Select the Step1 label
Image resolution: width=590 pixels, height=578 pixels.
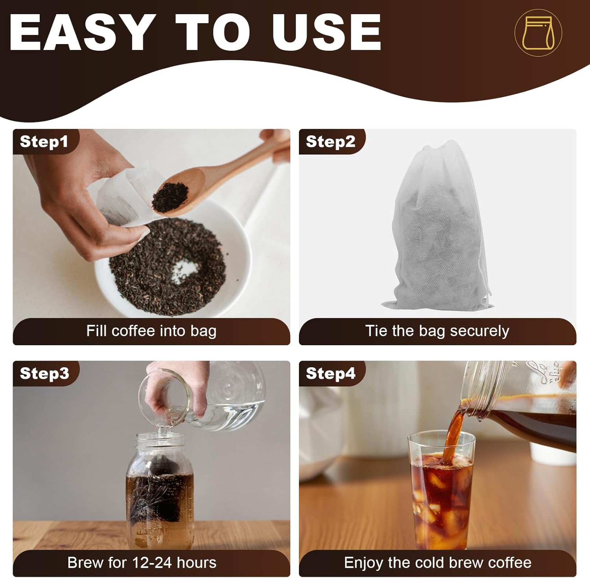44,142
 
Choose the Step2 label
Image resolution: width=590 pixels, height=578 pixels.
330,142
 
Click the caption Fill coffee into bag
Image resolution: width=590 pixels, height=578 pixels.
151,331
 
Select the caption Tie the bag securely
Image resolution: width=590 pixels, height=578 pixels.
437,331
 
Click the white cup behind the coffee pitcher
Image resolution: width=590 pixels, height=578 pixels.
553,452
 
